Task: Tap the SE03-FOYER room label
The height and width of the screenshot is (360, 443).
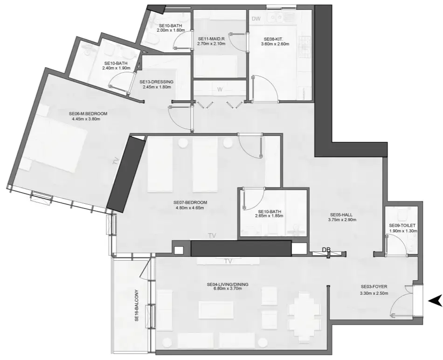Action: click(374, 286)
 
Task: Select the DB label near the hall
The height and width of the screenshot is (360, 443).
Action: click(326, 250)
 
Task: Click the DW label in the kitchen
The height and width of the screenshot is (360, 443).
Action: click(256, 19)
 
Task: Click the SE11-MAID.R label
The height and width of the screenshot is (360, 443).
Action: click(211, 39)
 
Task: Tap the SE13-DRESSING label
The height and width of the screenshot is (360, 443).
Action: click(157, 82)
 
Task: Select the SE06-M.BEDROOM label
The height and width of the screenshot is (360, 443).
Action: click(88, 114)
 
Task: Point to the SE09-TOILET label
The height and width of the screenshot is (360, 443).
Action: click(402, 225)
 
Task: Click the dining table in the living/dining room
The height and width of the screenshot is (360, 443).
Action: click(304, 310)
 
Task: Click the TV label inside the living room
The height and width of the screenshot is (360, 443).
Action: click(228, 261)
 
